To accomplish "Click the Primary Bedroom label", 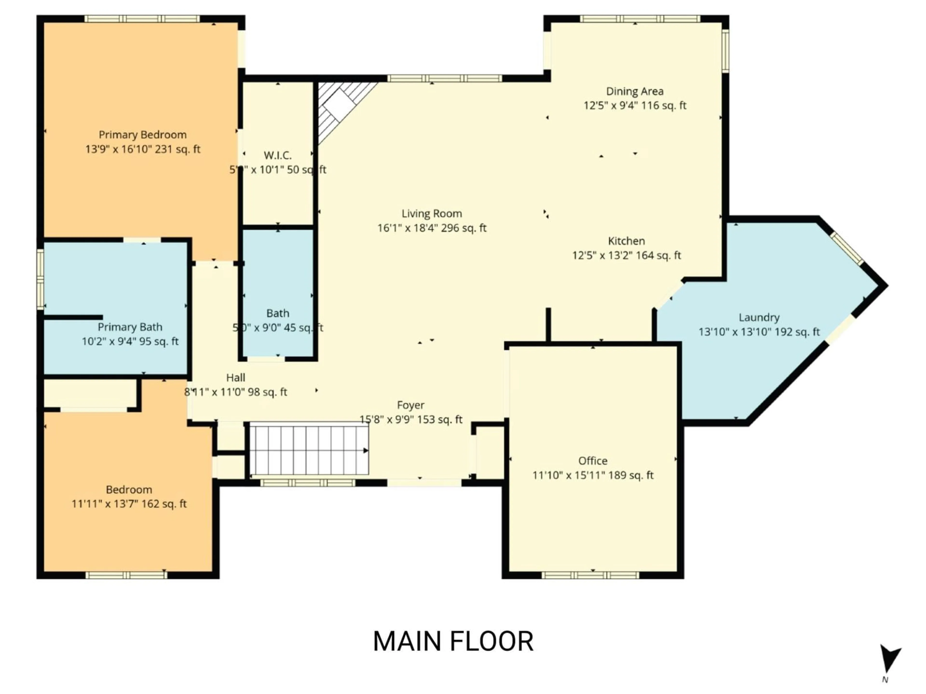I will point(142,135).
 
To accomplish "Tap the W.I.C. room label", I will point(278,156).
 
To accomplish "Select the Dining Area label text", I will point(635,91).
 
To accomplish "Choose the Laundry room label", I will point(759,318).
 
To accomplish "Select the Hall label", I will point(235,378).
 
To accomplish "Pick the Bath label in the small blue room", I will point(278,313).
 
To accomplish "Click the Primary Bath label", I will point(130,327).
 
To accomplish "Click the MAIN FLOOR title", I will point(453,641).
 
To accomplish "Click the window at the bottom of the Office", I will point(590,575).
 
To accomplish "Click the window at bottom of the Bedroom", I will point(126,575).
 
